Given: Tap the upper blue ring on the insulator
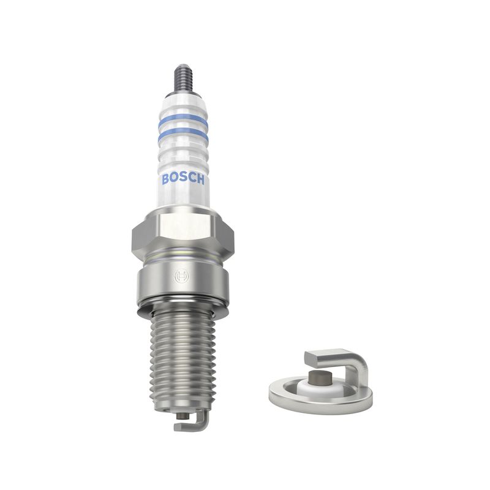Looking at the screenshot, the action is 183,120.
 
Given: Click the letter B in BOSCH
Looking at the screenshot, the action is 165,179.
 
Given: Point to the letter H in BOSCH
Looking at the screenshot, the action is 200,179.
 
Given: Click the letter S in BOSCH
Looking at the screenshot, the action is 183,179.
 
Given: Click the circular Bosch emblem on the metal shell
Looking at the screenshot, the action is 181,276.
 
